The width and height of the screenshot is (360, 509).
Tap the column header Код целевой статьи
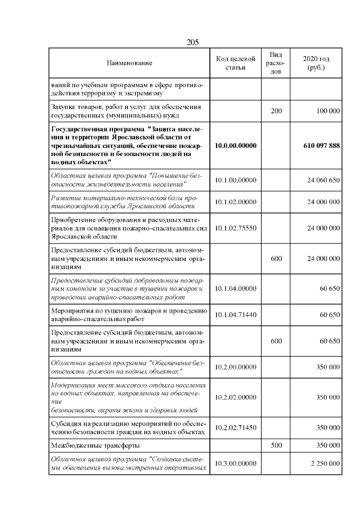tap(236, 64)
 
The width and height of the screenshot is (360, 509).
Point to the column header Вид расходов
tap(276, 64)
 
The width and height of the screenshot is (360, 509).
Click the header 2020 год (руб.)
tap(316, 64)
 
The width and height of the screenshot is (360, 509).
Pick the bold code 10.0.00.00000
tap(236, 146)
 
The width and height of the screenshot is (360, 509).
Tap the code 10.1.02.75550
tap(236, 228)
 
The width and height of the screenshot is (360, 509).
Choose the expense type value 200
tap(276, 111)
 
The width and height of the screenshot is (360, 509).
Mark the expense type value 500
tap(276, 445)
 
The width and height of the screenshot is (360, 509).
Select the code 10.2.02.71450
tap(236, 427)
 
